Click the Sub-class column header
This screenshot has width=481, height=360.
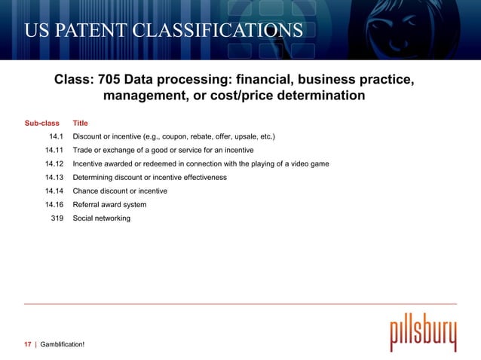(42, 122)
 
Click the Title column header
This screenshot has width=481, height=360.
(80, 122)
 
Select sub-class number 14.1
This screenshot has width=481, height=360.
(57, 136)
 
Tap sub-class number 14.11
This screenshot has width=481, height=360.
(54, 150)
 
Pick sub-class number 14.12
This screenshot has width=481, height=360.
(54, 163)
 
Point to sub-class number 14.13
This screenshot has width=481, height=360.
(54, 177)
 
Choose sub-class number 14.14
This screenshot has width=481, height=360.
(54, 191)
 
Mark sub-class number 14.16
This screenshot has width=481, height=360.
(54, 204)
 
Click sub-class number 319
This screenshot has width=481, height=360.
(57, 218)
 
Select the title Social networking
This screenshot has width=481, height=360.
(101, 218)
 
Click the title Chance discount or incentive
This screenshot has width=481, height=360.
(120, 191)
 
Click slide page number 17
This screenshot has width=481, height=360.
(27, 344)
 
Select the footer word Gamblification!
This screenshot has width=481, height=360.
(62, 344)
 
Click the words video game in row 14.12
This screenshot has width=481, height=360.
(307, 163)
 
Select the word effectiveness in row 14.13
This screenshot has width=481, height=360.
(202, 177)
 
